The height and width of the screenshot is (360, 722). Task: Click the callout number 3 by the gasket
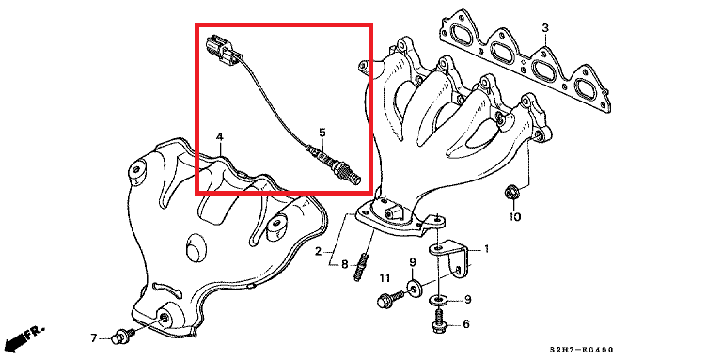pos(545,28)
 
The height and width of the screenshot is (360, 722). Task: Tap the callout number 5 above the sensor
pos(322,133)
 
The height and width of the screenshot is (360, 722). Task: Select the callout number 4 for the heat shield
pos(220,136)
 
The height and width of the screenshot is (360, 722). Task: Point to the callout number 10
pos(514,216)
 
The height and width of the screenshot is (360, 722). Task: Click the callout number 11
pos(385,277)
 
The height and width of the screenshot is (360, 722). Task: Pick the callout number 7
pos(94,338)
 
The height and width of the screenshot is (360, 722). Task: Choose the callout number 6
pos(466,324)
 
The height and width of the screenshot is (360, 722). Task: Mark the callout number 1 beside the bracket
pos(486,249)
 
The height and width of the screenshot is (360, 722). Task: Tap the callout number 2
pos(318,251)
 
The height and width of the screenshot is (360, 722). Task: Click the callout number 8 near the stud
pos(344,264)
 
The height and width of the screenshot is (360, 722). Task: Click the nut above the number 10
pos(510,192)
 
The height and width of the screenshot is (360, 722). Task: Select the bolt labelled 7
pos(122,336)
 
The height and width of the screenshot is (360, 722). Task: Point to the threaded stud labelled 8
pos(361,267)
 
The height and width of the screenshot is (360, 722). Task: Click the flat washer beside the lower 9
pos(438,301)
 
